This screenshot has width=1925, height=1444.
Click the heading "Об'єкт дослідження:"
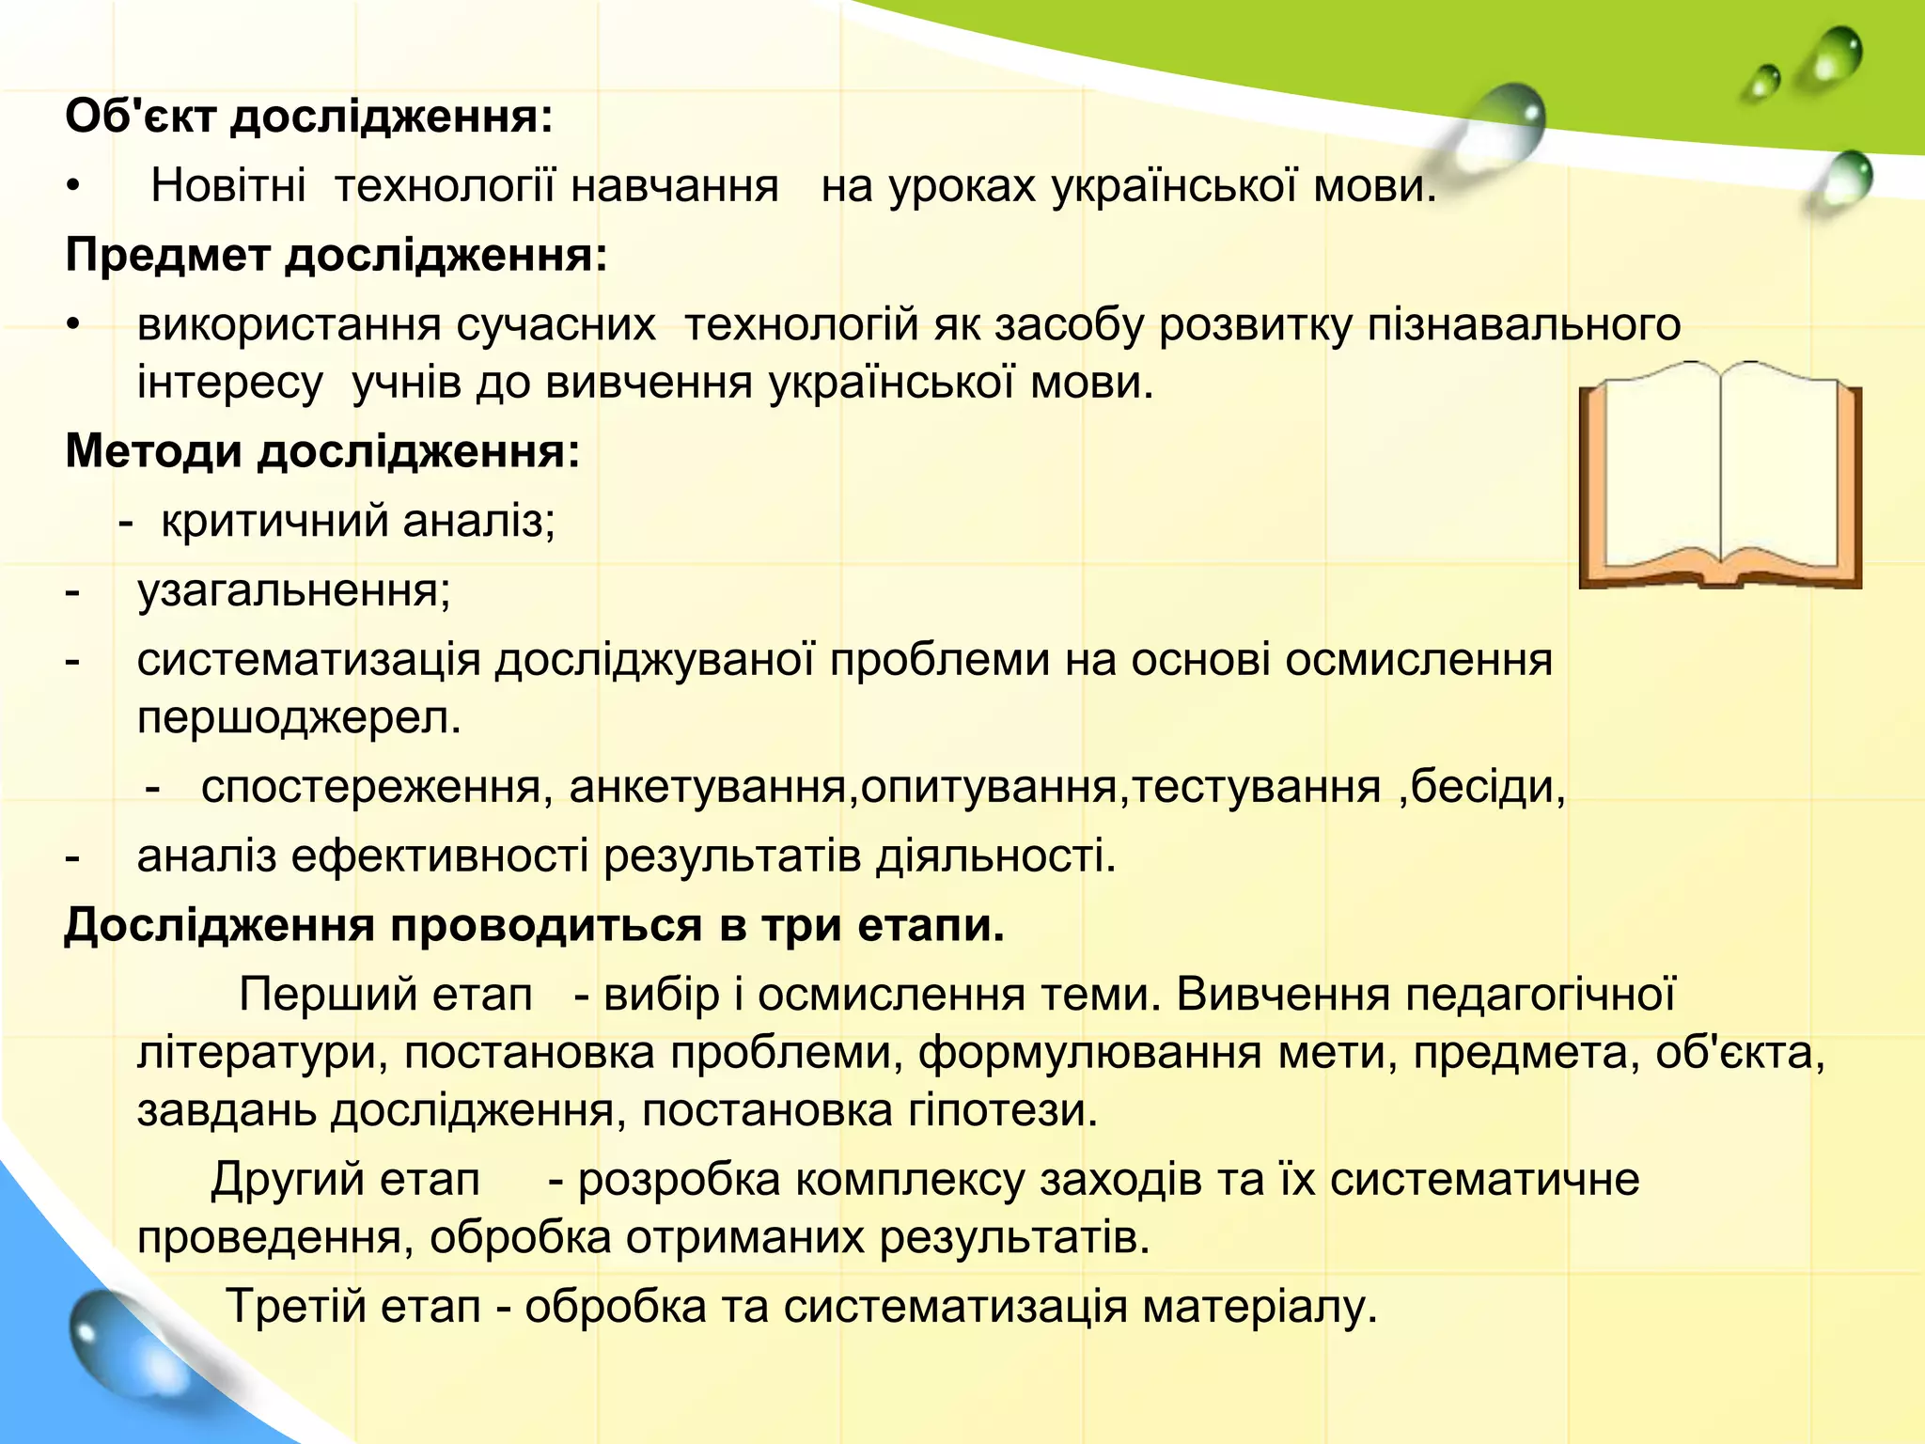308,118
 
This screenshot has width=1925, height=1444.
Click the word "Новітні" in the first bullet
228,186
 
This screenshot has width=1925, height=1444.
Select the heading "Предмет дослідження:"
336,256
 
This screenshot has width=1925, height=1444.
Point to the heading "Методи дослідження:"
322,451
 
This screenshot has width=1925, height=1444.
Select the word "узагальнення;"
294,590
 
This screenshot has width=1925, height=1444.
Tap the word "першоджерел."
299,718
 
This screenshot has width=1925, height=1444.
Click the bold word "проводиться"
545,926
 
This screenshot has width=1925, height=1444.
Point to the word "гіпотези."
1002,1110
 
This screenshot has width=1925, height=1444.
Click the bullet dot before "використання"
74,325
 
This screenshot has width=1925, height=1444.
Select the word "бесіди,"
1489,787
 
